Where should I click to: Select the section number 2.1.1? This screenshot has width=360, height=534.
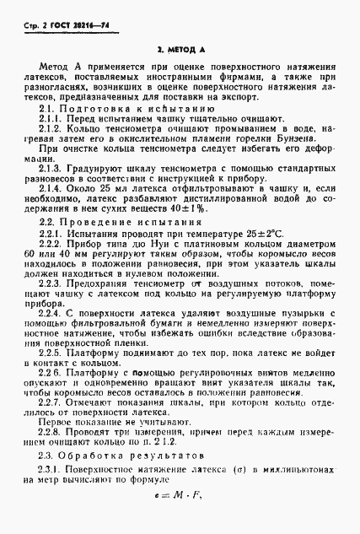coord(53,120)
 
